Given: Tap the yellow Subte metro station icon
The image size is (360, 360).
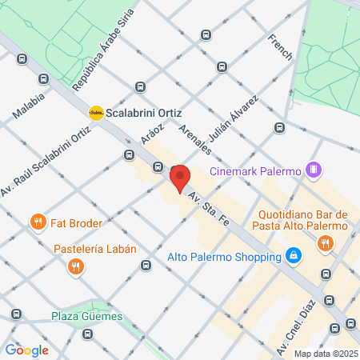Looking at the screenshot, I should pos(97,112).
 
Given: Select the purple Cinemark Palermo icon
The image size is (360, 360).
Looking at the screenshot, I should pos(314,170).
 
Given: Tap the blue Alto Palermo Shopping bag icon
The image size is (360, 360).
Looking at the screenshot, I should pos(294,257).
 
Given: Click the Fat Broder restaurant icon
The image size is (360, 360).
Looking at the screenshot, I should pos(37,222).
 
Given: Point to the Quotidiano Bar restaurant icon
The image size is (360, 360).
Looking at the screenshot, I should pos(324,246).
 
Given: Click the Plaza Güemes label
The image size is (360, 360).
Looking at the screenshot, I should pos(88,316).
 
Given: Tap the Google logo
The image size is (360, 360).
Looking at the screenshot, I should pos(26,350).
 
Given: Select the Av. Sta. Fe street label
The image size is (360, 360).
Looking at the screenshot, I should pos(209,207).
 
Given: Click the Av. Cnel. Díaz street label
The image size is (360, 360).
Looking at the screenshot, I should pos(294,330).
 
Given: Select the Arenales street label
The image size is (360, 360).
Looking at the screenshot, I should pos(195,139).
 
